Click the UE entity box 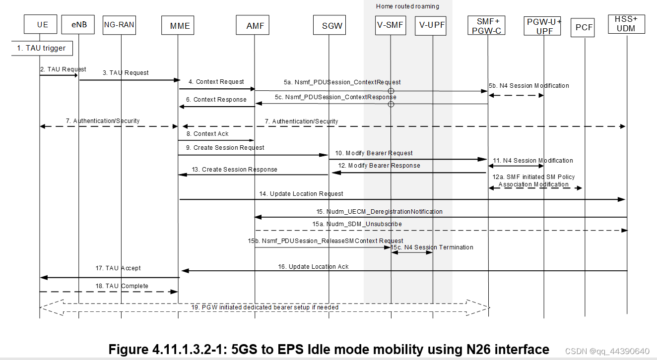click(x=42, y=24)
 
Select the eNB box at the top click(x=79, y=24)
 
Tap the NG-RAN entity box click(x=119, y=24)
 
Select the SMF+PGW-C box click(x=488, y=25)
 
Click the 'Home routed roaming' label click(x=407, y=6)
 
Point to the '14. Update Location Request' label click(x=301, y=193)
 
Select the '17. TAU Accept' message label click(x=118, y=268)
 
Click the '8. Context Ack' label click(x=211, y=133)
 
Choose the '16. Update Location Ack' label click(x=313, y=266)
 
